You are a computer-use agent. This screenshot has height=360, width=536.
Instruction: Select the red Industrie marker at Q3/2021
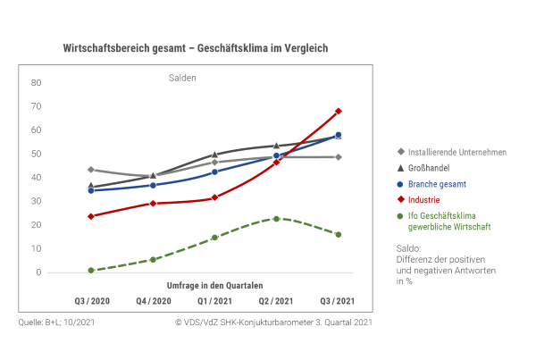(x=339, y=112)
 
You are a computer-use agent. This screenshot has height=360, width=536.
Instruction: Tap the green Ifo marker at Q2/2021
(x=276, y=218)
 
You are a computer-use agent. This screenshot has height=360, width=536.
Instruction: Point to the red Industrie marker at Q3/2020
(x=91, y=216)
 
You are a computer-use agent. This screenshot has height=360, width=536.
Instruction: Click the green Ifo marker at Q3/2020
(x=91, y=270)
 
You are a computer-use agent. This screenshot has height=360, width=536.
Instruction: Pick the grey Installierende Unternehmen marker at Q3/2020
(x=91, y=169)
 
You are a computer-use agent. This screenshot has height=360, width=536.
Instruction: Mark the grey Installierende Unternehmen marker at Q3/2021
(x=339, y=157)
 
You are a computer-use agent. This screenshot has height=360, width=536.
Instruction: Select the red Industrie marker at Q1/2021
(x=214, y=197)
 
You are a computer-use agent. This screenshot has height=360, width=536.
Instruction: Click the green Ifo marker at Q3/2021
(x=339, y=234)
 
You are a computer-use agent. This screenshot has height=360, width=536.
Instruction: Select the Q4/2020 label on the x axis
(x=153, y=300)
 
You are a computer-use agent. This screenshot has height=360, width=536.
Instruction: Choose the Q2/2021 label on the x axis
(x=276, y=300)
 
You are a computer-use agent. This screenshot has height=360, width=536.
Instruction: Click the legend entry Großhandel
(x=429, y=167)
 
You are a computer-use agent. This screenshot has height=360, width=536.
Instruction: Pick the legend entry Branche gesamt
(x=437, y=183)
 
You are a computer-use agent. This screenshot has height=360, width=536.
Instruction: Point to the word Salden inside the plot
(x=182, y=78)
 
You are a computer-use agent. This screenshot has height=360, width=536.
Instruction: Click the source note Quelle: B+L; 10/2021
(x=54, y=322)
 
